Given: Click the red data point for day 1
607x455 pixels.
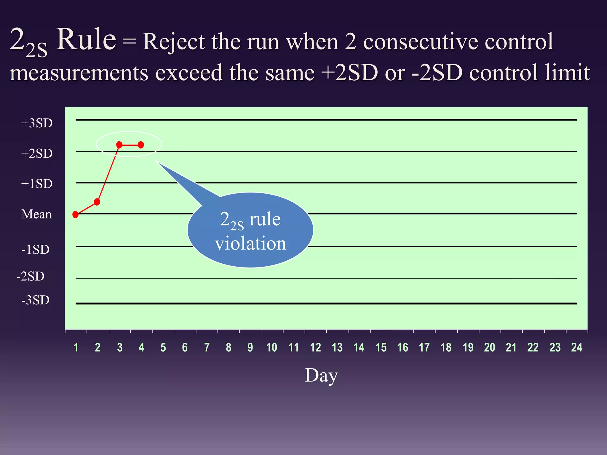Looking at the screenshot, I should coord(76,214).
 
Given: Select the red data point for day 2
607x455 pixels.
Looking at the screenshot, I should coord(97,202).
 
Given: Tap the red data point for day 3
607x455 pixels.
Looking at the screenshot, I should coord(119,145).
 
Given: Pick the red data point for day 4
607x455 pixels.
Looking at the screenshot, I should coord(141,145).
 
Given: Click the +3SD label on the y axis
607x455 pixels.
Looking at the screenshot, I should coord(37,123).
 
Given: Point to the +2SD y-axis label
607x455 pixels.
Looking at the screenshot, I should coord(37,153).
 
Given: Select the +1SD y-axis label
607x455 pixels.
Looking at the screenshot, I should coord(37,184).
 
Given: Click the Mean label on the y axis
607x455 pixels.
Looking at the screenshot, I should coord(36,214).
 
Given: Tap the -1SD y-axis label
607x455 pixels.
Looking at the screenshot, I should coord(35,249).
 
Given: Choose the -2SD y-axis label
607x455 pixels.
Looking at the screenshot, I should coord(31,276).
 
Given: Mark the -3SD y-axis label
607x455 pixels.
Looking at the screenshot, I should coord(35,300).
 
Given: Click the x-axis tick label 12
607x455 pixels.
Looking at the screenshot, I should coord(315,347).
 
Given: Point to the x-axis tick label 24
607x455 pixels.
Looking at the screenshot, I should coord(576,347).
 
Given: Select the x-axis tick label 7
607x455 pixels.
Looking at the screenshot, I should coord(207,347).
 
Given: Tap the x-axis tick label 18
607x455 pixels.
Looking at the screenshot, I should coord(446,347).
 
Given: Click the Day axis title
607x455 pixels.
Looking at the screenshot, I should coord(321,376).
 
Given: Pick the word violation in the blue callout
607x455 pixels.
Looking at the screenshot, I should coord(250,243).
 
